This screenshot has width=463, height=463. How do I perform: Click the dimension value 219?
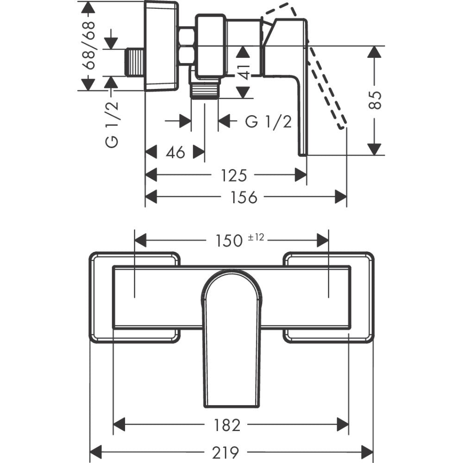click(x=231, y=451)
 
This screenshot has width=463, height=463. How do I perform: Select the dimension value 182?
click(x=228, y=425)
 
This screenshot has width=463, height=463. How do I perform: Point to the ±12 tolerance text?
click(x=256, y=238)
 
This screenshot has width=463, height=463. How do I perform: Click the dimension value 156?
click(x=244, y=197)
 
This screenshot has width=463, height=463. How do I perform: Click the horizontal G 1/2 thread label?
click(x=269, y=122)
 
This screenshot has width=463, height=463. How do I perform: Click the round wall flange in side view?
click(x=161, y=45)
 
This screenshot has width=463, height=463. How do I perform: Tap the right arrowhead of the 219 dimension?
click(x=368, y=451)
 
